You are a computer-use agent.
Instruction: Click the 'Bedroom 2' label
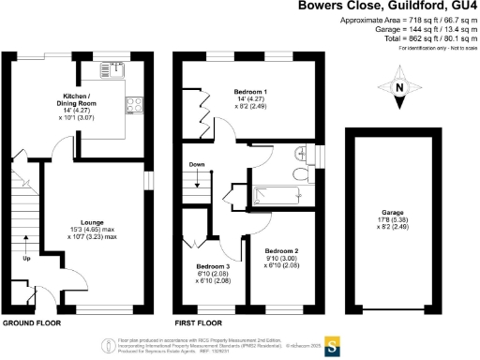281,251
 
